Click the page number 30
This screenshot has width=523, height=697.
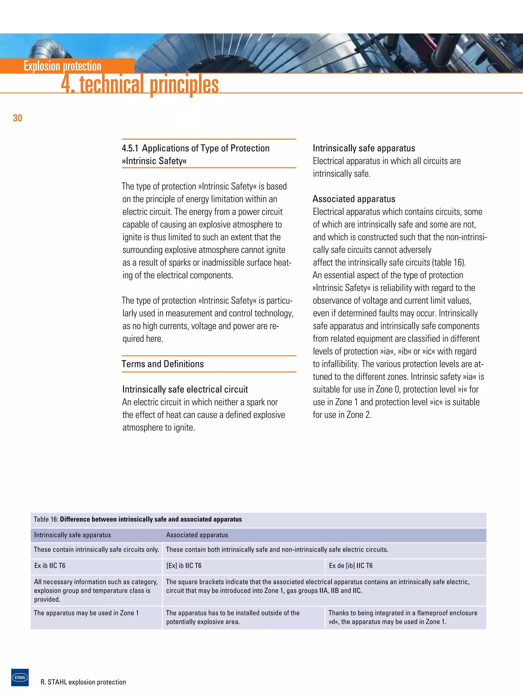pyautogui.click(x=17, y=118)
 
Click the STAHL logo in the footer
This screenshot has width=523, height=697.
pyautogui.click(x=20, y=677)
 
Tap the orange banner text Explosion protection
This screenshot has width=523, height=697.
pyautogui.click(x=62, y=66)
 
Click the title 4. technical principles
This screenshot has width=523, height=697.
pyautogui.click(x=140, y=84)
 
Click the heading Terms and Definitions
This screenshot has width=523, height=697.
pyautogui.click(x=163, y=364)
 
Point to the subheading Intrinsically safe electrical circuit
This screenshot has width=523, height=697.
pyautogui.click(x=185, y=389)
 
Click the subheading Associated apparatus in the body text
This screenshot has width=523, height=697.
pyautogui.click(x=354, y=199)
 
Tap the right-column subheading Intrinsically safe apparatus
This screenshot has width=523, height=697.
pyautogui.click(x=364, y=149)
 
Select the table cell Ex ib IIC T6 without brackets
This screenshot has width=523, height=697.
pyautogui.click(x=50, y=566)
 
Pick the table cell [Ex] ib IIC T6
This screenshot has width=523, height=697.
pyautogui.click(x=184, y=566)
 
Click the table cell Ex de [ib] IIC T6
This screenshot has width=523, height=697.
pyautogui.click(x=351, y=566)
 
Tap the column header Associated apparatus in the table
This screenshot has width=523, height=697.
pyautogui.click(x=197, y=535)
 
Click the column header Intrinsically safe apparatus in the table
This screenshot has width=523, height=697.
pyautogui.click(x=73, y=535)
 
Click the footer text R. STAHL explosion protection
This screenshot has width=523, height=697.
pyautogui.click(x=83, y=682)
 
